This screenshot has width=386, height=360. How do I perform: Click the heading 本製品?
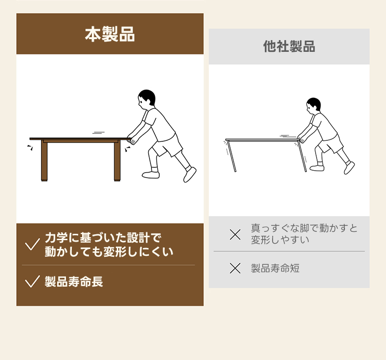(110, 34)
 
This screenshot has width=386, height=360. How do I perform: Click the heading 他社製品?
(289, 46)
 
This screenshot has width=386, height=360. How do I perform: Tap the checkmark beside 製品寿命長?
(32, 281)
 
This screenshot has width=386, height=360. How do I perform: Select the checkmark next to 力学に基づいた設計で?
(32, 244)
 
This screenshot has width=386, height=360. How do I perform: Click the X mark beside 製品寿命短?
(235, 268)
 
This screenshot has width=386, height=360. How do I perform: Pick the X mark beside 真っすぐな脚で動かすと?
(235, 234)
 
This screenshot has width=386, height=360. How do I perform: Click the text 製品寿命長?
(74, 282)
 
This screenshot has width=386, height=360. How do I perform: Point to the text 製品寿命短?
(275, 268)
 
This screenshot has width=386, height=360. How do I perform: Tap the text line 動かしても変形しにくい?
(109, 251)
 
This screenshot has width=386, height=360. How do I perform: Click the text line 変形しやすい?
(280, 240)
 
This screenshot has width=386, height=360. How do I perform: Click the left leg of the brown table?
(44, 161)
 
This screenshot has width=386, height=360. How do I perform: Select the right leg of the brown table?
(117, 161)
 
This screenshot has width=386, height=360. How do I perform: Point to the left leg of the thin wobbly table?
(232, 156)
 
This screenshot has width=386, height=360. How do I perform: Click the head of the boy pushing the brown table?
(147, 99)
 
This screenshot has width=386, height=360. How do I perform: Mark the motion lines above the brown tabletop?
(98, 133)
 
